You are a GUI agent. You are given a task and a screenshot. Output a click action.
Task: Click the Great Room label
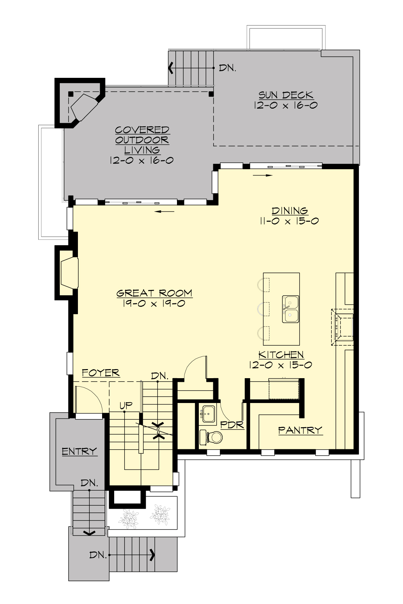point(154,293)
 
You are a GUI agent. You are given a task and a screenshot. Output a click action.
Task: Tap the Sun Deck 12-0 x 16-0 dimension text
point(286,105)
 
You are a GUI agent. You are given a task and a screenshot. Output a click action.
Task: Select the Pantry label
point(300,430)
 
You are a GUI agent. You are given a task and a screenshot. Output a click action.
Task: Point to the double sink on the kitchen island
point(290,309)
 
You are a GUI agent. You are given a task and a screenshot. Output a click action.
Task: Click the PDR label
point(232,425)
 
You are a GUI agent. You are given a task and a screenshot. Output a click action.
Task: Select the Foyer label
point(101,373)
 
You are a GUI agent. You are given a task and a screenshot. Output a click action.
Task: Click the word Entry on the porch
point(79,451)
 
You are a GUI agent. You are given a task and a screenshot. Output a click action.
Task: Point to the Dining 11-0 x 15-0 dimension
point(289,221)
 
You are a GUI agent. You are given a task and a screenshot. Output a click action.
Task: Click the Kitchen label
point(281,355)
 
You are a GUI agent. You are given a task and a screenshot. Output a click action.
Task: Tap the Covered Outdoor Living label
point(142,140)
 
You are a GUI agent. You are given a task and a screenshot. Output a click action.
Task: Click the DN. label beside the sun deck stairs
point(227,68)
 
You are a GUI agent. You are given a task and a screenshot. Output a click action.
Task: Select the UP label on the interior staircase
point(126,405)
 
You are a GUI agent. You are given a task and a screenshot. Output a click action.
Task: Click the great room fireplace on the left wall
point(69,272)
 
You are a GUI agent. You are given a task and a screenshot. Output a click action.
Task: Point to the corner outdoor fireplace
point(84,106)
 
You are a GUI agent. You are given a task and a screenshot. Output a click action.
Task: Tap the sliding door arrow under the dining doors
point(263,175)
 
